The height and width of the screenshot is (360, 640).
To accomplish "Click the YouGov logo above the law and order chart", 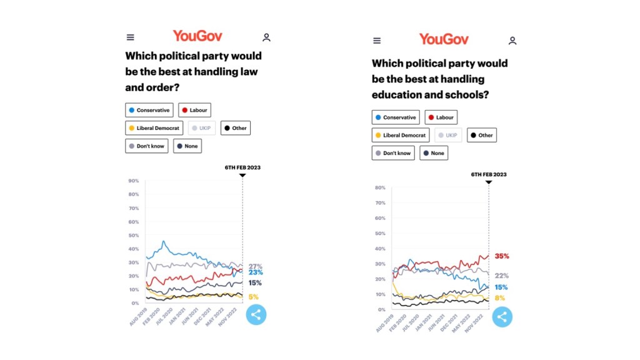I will point(197,36).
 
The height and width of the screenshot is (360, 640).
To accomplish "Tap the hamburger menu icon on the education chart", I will point(377,41).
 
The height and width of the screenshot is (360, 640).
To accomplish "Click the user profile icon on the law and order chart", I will point(266,37).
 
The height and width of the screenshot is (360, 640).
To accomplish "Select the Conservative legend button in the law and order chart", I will point(149,110).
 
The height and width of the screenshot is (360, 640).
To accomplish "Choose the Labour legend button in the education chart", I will point(441,117).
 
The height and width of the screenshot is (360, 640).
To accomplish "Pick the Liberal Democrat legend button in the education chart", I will point(400,135).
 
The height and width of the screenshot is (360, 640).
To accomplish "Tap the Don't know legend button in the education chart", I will point(393,153).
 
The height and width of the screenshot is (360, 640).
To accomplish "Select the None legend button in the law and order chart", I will point(187,146).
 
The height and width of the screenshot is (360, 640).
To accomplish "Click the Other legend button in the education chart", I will point(481,135).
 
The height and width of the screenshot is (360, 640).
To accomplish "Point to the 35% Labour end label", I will point(502,256).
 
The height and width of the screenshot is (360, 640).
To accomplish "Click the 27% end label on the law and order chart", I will point(256,266).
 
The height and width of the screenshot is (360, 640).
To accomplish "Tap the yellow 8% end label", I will point(500,298).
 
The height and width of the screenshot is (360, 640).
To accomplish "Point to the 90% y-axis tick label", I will point(133,181).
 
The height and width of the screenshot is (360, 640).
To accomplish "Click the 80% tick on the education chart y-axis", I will point(379,187).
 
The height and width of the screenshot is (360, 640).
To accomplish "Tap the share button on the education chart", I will point(501,317).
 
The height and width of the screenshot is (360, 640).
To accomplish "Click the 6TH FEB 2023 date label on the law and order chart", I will point(242,167).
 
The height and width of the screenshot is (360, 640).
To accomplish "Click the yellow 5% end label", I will point(254,297).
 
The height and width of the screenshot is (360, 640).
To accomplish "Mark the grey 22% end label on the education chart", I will point(502,276).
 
